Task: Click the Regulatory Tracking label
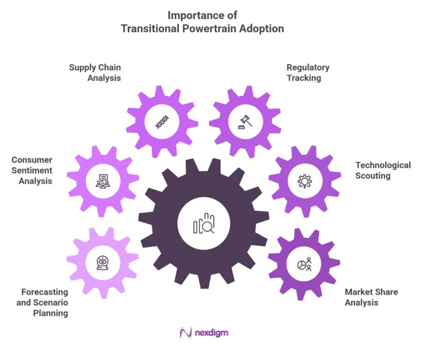(x=308, y=73)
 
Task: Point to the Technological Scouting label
(x=382, y=170)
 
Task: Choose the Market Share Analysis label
(x=371, y=297)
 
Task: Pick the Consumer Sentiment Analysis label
(x=32, y=170)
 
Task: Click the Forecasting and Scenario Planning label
(x=45, y=303)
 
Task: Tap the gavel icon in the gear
(x=245, y=122)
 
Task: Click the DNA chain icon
(x=161, y=123)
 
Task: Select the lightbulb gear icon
(x=304, y=181)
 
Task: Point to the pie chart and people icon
(x=304, y=264)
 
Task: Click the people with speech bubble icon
(x=103, y=181)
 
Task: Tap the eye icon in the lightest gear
(x=102, y=263)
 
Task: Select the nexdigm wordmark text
(x=212, y=333)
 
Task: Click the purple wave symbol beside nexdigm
(x=186, y=333)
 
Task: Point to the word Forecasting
(x=45, y=292)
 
